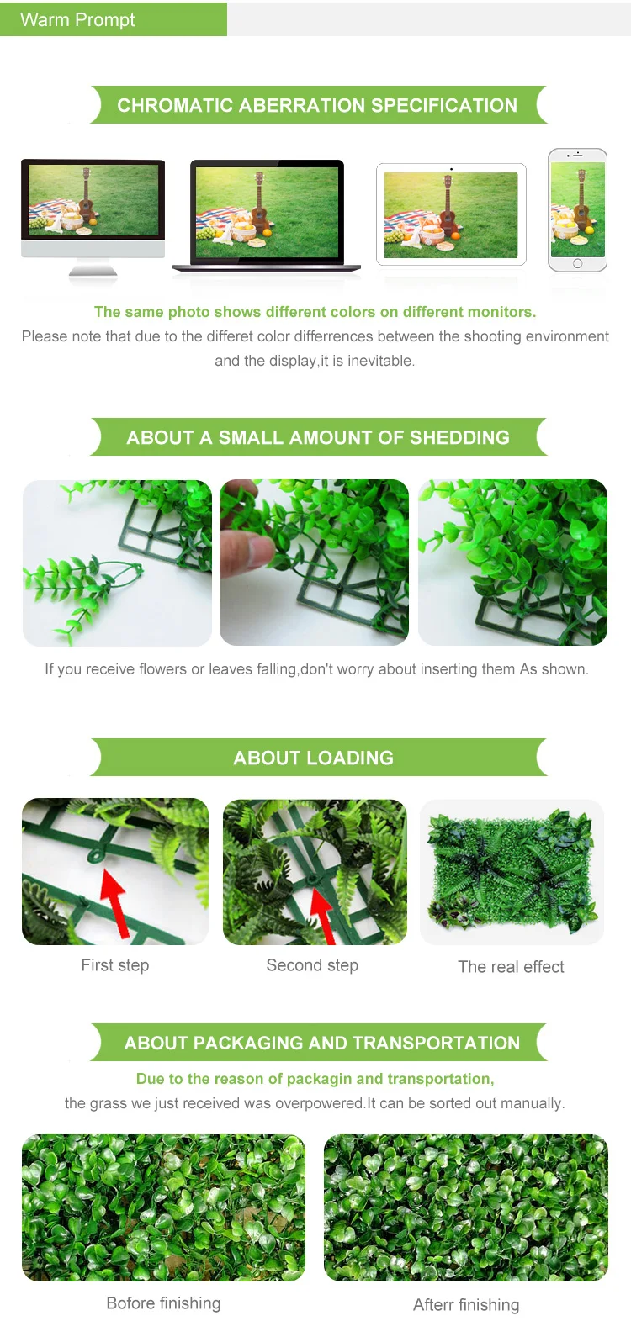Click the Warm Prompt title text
coord(77,20)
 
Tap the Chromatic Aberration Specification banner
coord(318,105)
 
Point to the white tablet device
coord(451,214)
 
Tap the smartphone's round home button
coord(577,263)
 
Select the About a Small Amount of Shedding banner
coord(318,437)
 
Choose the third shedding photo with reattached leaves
coord(512,563)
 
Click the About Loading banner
coord(318,758)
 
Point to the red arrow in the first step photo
coord(116,902)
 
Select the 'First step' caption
coord(115,965)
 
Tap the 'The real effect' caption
coord(512,966)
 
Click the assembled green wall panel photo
coord(512,872)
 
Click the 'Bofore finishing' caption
coord(163,1303)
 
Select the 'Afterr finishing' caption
coord(466,1304)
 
